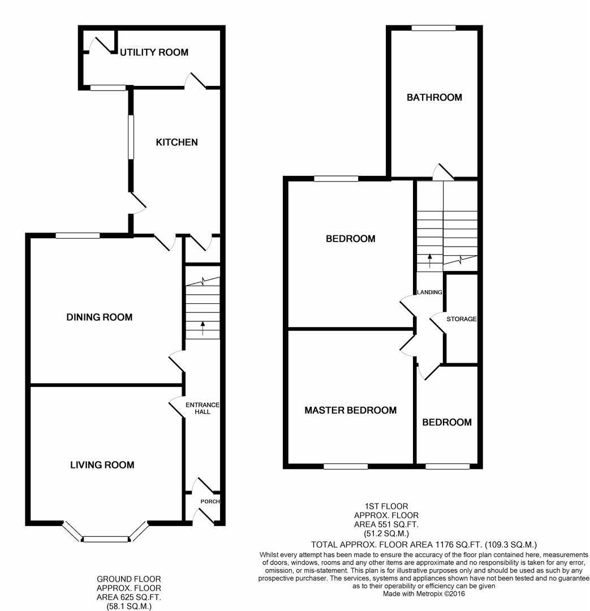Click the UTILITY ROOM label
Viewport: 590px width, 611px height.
pos(153,53)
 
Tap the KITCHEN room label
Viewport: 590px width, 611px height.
pos(177,142)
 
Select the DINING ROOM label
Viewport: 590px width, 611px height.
pos(100,317)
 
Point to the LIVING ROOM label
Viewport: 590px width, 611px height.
pos(102,465)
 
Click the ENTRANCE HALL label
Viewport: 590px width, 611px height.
pos(203,408)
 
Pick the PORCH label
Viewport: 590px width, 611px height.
pos(210,502)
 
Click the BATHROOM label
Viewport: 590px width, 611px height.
pos(434,97)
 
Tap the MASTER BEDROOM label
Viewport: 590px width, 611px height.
pos(350,410)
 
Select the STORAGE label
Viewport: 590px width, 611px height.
pos(461,319)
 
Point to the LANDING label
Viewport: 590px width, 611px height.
pos(429,292)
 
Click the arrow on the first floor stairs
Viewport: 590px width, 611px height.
pos(429,260)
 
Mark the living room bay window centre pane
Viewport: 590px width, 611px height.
pos(106,539)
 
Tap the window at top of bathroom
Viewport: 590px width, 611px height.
pos(433,28)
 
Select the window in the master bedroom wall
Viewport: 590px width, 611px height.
pos(346,467)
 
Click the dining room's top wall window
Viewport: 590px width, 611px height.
pos(77,235)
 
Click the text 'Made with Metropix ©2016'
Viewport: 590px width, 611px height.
pos(424,594)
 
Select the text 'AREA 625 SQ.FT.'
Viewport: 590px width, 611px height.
pos(128,597)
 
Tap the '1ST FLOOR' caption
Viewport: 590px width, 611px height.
pos(386,506)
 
